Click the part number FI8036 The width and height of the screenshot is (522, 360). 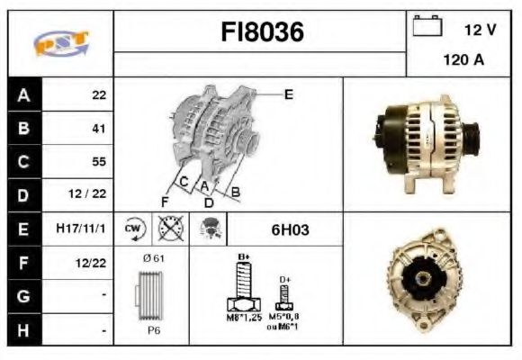pos(262,33)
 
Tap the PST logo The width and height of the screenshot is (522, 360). pos(60,43)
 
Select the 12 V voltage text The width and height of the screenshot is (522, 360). pos(480,30)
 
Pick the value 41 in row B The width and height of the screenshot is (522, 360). pos(99,129)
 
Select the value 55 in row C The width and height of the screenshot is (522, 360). pos(99,162)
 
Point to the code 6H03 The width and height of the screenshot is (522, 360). pos(290,229)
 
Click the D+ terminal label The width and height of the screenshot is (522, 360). pos(285,279)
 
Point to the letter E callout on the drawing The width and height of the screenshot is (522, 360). pos(289,94)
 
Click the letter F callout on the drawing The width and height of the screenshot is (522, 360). pos(164,200)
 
